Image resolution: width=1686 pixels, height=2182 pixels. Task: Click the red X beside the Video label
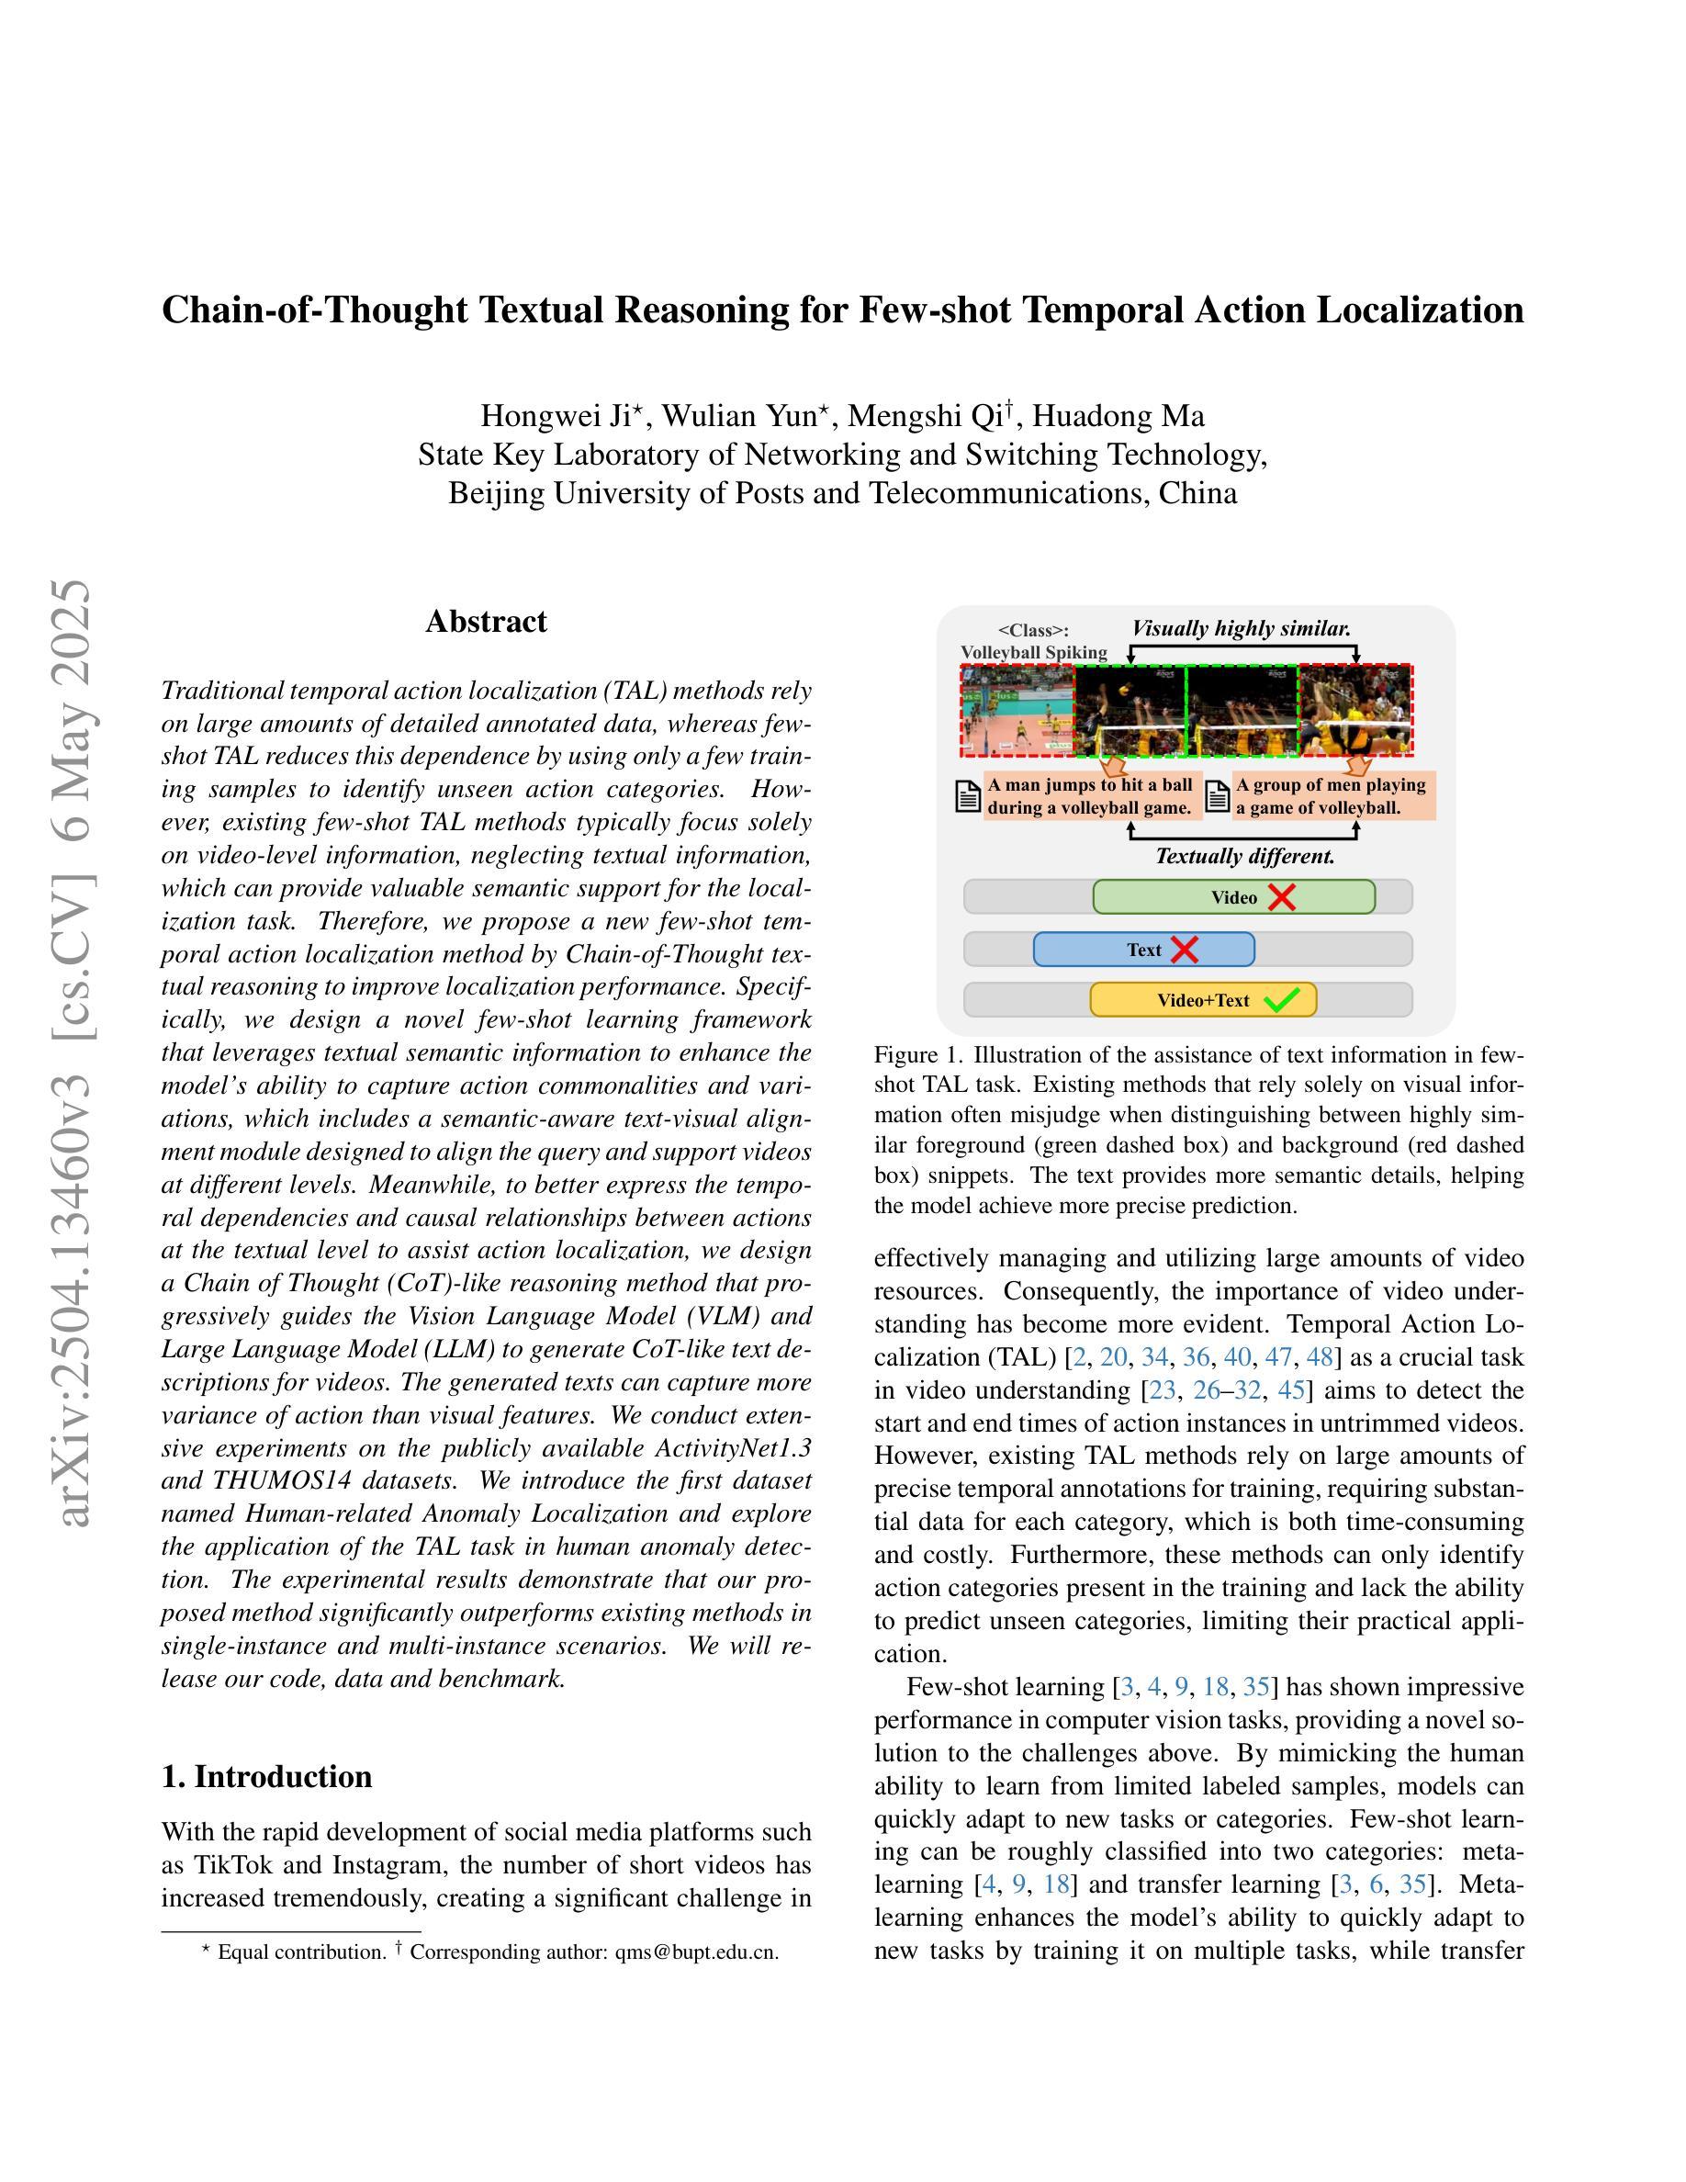tap(1281, 897)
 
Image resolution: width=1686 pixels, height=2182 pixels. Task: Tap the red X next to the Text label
tap(1185, 950)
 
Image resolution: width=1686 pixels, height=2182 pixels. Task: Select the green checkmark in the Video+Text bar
tap(1281, 999)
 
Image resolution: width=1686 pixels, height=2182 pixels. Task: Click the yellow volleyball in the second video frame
tap(1125, 690)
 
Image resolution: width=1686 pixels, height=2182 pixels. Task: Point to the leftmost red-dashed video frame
tap(1017, 712)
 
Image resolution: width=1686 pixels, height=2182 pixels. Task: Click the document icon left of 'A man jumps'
tap(968, 796)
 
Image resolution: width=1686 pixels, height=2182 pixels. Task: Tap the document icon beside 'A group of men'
tap(1218, 796)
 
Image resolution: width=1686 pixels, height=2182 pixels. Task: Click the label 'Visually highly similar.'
tap(1241, 628)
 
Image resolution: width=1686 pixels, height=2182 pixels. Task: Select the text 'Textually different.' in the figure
tap(1244, 856)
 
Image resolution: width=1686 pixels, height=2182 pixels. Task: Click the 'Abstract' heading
tap(487, 622)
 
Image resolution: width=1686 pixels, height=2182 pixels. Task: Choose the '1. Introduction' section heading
tap(266, 1776)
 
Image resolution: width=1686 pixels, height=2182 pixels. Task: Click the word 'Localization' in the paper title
tap(1421, 310)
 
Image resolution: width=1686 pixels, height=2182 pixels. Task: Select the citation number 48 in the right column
tap(1320, 1356)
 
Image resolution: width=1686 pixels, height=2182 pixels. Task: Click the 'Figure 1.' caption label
tap(919, 1055)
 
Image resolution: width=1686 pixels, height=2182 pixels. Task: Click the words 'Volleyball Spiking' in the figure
tap(1034, 652)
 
